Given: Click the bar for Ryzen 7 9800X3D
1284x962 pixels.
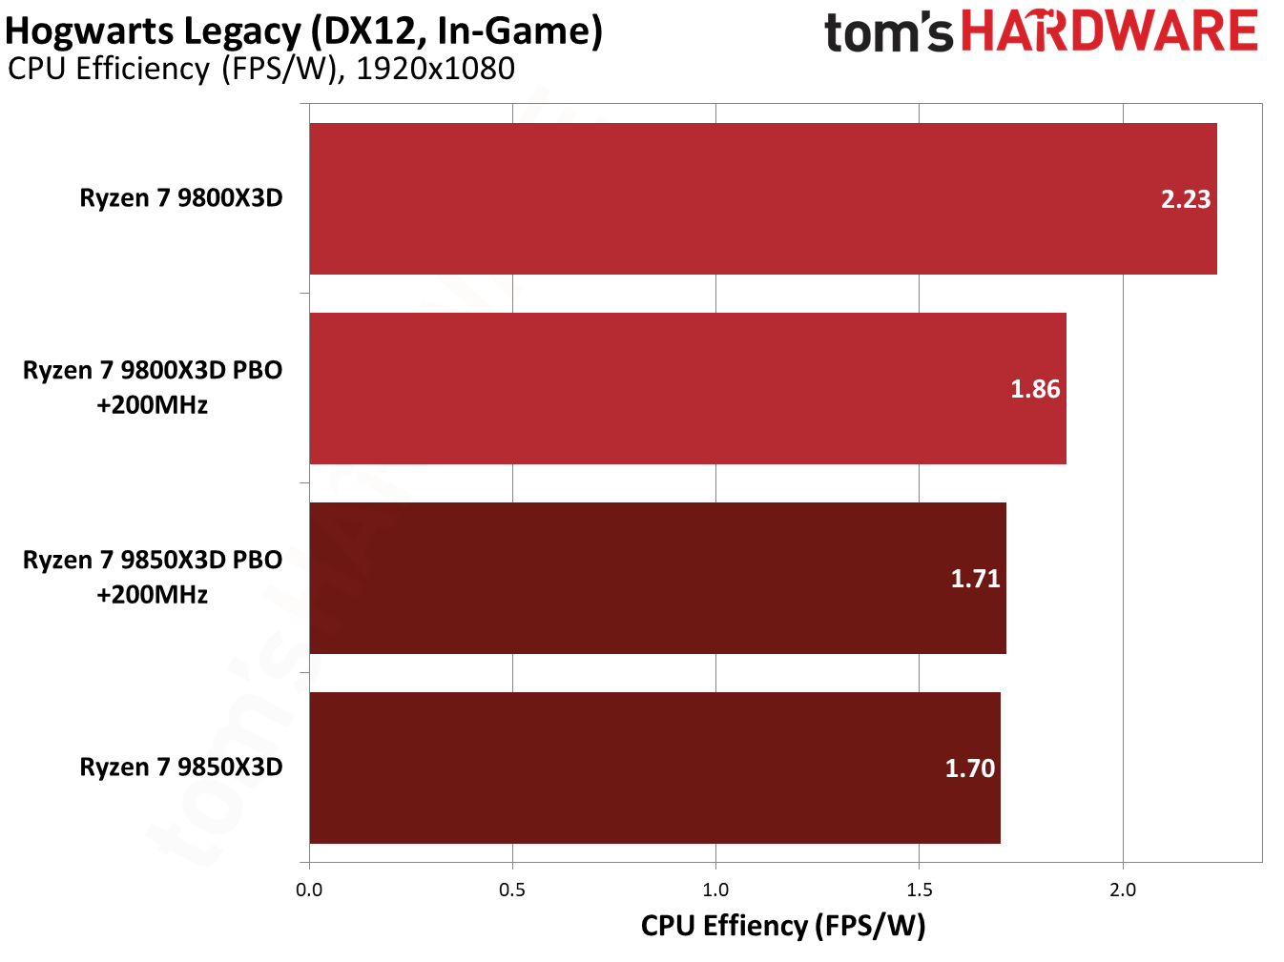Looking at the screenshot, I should point(763,198).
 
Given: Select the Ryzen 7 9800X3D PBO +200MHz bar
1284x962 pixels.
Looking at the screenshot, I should point(687,388).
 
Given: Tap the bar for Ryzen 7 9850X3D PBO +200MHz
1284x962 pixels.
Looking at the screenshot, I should point(658,578).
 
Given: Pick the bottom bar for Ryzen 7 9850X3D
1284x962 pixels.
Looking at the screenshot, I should point(654,768).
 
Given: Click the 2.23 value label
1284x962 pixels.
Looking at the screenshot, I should point(1185,199).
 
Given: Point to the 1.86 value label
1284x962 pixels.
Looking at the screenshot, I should point(1035,389).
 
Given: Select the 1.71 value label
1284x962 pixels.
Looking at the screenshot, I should point(975,579).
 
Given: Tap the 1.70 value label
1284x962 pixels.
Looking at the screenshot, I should point(969,768).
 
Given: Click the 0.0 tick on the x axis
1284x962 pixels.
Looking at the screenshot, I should point(309,890).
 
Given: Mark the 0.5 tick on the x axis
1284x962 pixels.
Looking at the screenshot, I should point(512,890).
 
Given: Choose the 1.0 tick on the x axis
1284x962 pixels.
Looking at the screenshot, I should point(715,890).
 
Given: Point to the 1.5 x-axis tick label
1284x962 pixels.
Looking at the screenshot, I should point(919,890).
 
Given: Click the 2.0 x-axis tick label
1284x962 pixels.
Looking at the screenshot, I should point(1123,890).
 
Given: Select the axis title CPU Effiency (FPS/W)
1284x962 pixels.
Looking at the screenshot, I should point(783,926).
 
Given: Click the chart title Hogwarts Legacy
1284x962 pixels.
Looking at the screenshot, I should point(153,31).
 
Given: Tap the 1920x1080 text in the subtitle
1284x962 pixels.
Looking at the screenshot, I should point(435,69).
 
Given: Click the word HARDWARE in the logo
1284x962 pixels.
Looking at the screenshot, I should point(1109,31).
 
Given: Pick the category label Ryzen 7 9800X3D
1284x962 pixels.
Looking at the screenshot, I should point(181,198).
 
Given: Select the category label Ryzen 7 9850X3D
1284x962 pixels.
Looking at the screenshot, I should point(181,768).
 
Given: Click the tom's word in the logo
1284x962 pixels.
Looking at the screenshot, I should point(888,33).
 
